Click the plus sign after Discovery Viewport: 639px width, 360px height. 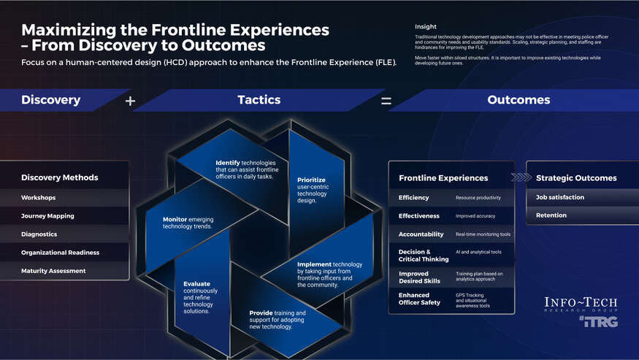tap(130, 101)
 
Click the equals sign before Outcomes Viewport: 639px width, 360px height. tap(386, 101)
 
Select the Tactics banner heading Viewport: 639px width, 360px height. tap(259, 100)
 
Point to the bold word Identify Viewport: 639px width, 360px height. tap(228, 162)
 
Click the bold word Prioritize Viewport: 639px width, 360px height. tap(311, 180)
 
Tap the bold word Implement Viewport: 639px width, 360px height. tap(314, 264)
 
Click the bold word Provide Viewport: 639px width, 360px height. tap(261, 313)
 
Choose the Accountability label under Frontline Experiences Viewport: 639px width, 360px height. tap(421, 234)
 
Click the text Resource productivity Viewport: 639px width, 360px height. tap(478, 198)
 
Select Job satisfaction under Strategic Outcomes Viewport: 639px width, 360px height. tap(560, 197)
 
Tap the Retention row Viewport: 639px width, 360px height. tap(551, 215)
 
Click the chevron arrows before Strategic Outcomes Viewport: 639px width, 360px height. tap(521, 177)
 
